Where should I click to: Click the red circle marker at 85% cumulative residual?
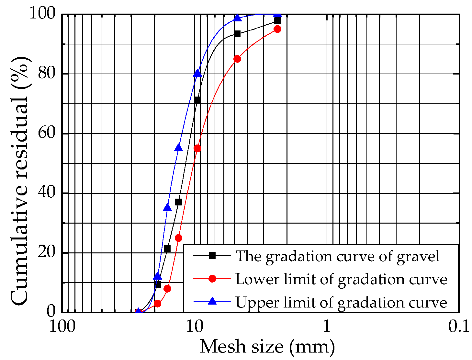[x=237, y=59]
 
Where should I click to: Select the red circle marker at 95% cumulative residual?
[x=277, y=29]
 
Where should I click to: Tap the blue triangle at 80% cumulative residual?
[x=197, y=73]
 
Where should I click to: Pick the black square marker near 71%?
[x=197, y=100]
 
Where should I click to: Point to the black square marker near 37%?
[x=178, y=202]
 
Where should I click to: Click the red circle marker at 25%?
[x=178, y=238]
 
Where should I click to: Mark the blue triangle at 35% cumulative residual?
[x=167, y=207]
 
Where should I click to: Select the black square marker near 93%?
[x=237, y=34]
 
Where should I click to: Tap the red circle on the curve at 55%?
[x=197, y=148]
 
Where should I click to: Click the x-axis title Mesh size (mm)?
[x=267, y=347]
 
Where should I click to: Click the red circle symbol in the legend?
[x=212, y=279]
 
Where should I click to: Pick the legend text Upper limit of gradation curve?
[x=341, y=302]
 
